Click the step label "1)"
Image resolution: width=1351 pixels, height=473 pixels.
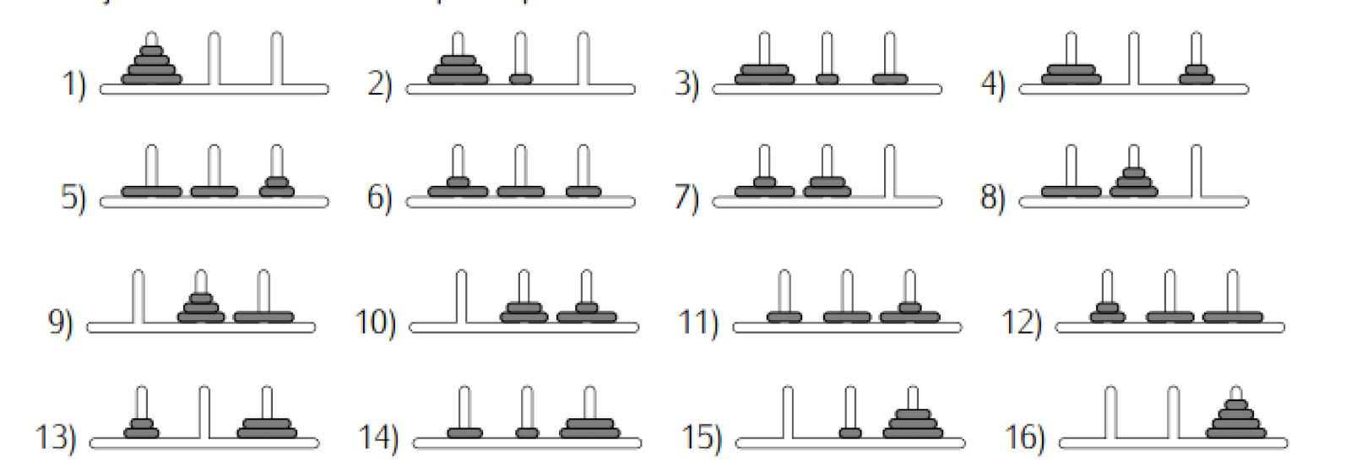pos(73,84)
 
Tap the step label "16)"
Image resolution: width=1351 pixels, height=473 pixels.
pos(1023,437)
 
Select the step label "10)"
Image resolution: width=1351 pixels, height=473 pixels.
pos(375,322)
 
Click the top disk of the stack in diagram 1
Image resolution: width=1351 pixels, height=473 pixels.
pos(152,51)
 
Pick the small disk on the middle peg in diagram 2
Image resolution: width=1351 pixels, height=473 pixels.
pos(521,79)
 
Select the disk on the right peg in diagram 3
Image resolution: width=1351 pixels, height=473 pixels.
pos(890,79)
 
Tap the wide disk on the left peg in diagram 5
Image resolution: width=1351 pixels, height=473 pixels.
pos(152,192)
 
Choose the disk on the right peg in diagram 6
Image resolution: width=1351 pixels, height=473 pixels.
pos(583,192)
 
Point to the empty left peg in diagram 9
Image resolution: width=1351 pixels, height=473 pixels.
pos(138,296)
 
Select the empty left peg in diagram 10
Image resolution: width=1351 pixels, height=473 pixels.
pos(461,296)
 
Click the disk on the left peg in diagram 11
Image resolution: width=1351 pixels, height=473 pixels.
pos(784,318)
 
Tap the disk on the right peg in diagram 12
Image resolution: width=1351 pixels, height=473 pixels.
pos(1233,318)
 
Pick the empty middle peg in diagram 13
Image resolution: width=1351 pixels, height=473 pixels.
pos(204,411)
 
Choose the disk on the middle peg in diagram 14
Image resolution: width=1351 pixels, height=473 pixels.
pos(527,433)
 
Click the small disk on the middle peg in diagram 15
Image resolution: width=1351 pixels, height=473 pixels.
pos(850,433)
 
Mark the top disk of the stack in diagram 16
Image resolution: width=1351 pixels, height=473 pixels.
pos(1236,405)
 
